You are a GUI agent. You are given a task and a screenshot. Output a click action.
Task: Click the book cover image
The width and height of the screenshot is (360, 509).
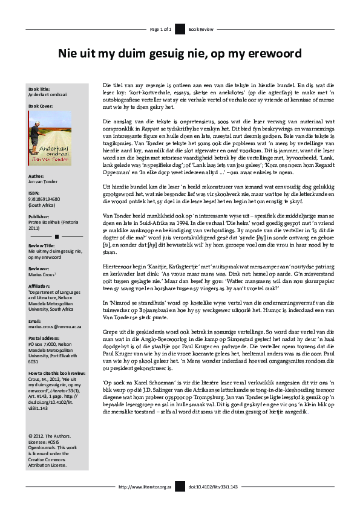[49, 138]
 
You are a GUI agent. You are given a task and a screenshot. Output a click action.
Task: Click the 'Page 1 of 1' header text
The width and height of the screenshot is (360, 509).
[162, 29]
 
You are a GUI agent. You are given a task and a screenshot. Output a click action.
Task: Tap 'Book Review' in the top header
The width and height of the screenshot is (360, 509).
[200, 29]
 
